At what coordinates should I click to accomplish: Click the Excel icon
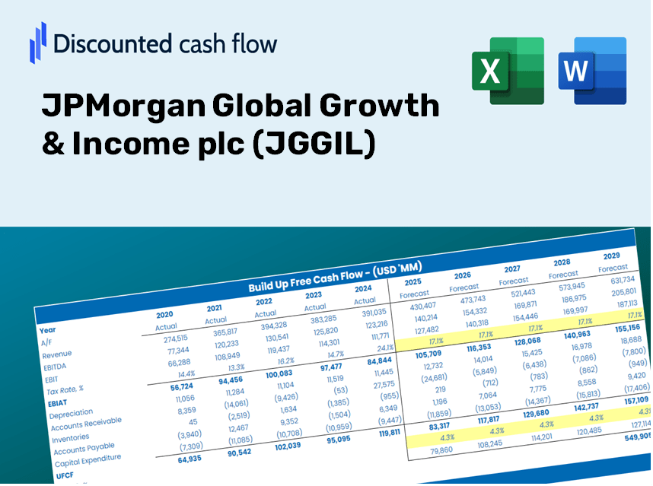[x=508, y=70]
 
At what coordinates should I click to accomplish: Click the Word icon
[x=591, y=70]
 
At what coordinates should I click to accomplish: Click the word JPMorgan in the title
[x=122, y=106]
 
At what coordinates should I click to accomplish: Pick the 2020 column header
[x=164, y=314]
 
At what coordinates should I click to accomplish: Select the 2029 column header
[x=611, y=256]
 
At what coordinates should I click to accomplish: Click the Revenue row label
[x=56, y=354]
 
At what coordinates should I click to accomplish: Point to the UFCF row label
[x=65, y=475]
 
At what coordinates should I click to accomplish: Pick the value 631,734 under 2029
[x=617, y=280]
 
